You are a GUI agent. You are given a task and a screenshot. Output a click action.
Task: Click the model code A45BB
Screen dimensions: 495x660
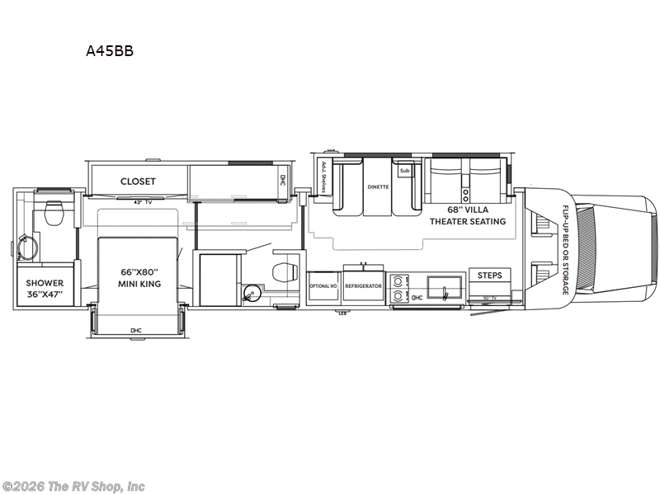coord(110,50)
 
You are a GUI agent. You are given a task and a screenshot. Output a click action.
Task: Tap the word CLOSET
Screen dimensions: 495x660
coord(138,181)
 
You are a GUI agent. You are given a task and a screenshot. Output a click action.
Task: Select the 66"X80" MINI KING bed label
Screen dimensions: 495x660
coord(139,278)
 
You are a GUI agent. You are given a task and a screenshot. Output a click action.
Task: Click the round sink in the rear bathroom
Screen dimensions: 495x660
coord(25,246)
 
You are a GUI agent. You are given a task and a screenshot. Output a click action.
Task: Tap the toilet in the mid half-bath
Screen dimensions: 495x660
coord(283,270)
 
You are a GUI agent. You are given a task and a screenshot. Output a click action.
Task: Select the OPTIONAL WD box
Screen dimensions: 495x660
coord(323,285)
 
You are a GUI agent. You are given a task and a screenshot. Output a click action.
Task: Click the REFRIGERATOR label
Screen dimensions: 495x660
coord(362,285)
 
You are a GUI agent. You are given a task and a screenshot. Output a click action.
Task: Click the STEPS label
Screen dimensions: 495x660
coord(490,276)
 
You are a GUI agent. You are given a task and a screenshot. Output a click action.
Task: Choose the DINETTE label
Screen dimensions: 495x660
coord(379,187)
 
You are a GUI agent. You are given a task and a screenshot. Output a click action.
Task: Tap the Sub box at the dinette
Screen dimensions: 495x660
coord(404,172)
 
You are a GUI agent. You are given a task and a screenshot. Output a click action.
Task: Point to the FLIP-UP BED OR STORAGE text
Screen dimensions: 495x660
coord(566,251)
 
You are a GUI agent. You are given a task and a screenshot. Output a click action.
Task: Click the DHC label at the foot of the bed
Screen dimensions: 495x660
coord(136,331)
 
